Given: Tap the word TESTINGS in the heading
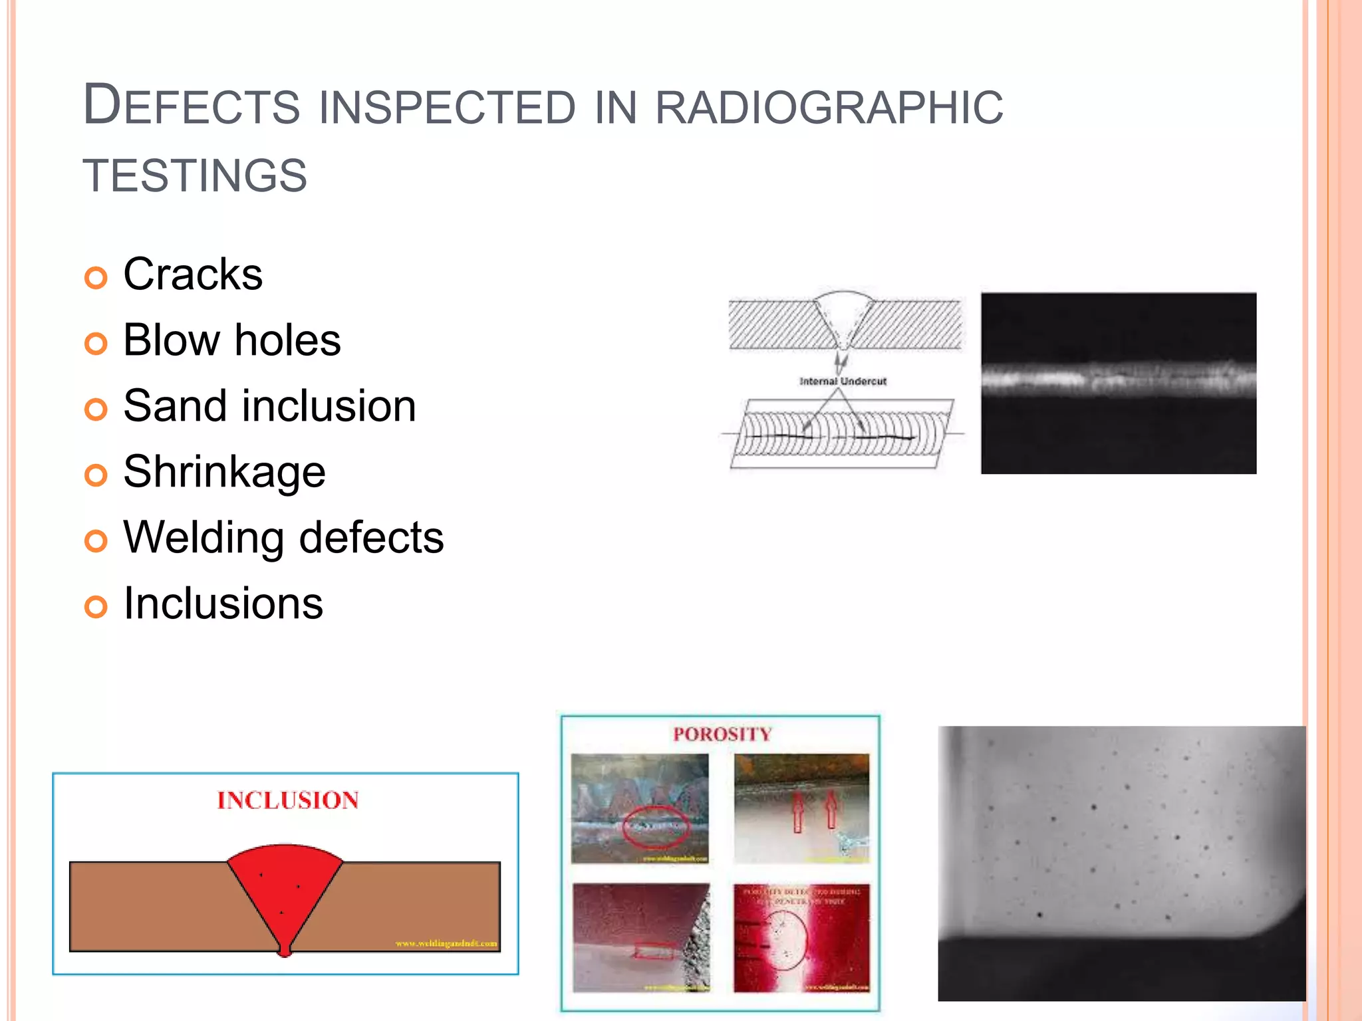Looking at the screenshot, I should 195,176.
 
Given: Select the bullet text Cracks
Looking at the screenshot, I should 193,275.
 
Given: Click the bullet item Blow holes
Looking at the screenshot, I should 231,340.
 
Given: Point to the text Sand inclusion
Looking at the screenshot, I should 269,406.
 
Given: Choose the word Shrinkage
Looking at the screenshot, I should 224,472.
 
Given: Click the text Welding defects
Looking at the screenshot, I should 283,538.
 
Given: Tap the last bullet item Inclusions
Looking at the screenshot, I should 223,604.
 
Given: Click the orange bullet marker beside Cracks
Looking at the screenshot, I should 96,278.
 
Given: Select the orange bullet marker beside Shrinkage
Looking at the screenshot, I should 96,475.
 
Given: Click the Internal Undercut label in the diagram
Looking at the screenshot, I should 843,382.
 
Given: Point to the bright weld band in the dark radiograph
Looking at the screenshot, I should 1118,380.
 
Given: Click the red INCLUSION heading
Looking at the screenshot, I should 287,800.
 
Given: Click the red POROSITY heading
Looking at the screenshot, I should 722,735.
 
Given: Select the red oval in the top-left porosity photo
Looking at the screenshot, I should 655,828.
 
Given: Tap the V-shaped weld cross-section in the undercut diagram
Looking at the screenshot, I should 843,319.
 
